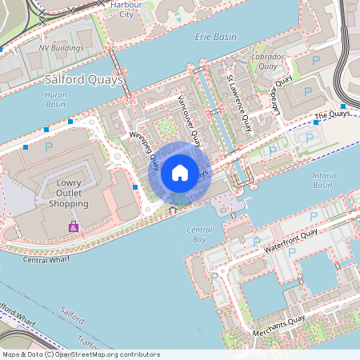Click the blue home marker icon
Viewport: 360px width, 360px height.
pyautogui.click(x=180, y=173)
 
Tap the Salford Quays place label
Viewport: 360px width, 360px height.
pyautogui.click(x=84, y=80)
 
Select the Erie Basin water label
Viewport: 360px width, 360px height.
pyautogui.click(x=216, y=37)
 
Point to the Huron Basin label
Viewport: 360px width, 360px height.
pyautogui.click(x=56, y=98)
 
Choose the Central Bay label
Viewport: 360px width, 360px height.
pyautogui.click(x=198, y=234)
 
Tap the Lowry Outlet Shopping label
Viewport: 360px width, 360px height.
pyautogui.click(x=68, y=193)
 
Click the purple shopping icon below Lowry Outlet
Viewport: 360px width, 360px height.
pyautogui.click(x=74, y=227)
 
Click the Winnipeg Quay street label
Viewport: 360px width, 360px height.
pyautogui.click(x=144, y=151)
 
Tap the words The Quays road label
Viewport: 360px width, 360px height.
pyautogui.click(x=333, y=116)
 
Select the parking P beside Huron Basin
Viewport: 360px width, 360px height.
pyautogui.click(x=49, y=147)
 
